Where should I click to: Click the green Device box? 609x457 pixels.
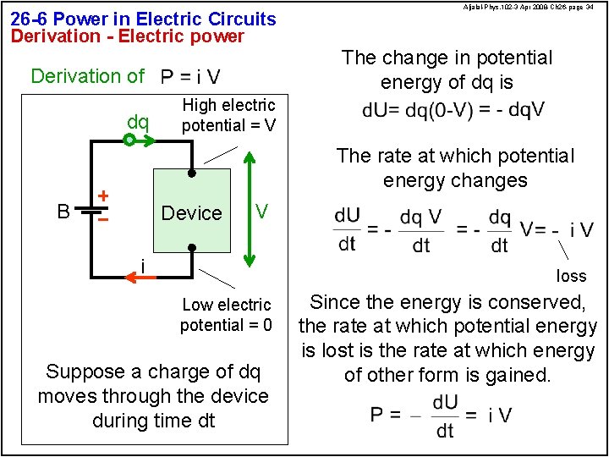click(x=191, y=211)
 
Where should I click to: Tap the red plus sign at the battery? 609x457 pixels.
click(x=102, y=195)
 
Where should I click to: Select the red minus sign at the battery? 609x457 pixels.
click(x=102, y=219)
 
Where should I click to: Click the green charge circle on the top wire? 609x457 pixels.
click(x=129, y=141)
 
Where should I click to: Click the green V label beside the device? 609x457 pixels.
click(x=262, y=211)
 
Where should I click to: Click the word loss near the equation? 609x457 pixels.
click(x=571, y=276)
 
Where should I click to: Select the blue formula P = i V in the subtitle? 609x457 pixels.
click(x=190, y=77)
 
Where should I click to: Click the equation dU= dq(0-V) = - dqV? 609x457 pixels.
click(x=453, y=111)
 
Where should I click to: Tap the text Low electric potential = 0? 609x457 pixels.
click(x=226, y=315)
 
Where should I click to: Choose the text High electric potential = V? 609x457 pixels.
click(x=228, y=115)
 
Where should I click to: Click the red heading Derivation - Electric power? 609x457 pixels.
click(x=127, y=36)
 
